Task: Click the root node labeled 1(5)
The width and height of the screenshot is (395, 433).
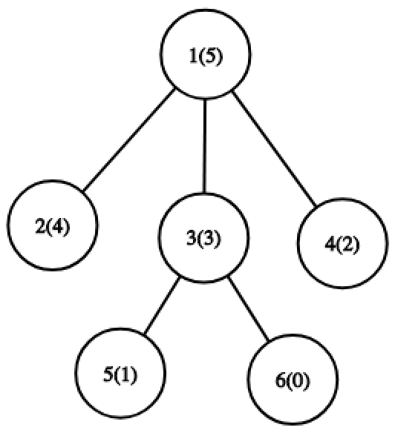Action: click(x=206, y=54)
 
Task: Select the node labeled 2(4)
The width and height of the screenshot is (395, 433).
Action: click(x=52, y=225)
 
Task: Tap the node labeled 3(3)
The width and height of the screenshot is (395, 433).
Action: click(x=204, y=237)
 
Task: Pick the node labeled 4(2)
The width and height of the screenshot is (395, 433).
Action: click(x=342, y=243)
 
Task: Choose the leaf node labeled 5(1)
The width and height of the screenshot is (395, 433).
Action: click(x=120, y=373)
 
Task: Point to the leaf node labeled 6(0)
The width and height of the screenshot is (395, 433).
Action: click(x=293, y=379)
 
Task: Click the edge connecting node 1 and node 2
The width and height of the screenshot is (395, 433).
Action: click(x=129, y=139)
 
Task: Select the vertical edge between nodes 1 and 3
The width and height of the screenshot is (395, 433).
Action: click(x=205, y=146)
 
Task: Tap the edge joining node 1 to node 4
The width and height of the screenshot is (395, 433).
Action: click(x=274, y=148)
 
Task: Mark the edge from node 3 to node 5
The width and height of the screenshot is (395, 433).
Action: click(x=163, y=305)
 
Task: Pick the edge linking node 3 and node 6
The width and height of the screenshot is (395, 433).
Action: click(x=248, y=309)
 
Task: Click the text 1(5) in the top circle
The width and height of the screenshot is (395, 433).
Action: click(x=206, y=57)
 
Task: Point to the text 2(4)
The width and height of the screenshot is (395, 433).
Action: click(x=53, y=228)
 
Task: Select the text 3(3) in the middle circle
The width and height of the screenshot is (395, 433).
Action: click(x=204, y=238)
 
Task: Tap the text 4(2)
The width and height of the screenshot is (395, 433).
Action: click(x=342, y=245)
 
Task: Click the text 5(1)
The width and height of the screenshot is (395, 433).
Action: click(x=120, y=375)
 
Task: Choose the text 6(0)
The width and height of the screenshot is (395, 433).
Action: click(x=293, y=381)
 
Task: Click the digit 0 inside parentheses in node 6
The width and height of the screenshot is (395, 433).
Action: click(x=297, y=381)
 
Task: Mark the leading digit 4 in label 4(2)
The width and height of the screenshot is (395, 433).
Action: click(x=330, y=245)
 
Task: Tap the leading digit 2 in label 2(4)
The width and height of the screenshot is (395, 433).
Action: click(x=40, y=227)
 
